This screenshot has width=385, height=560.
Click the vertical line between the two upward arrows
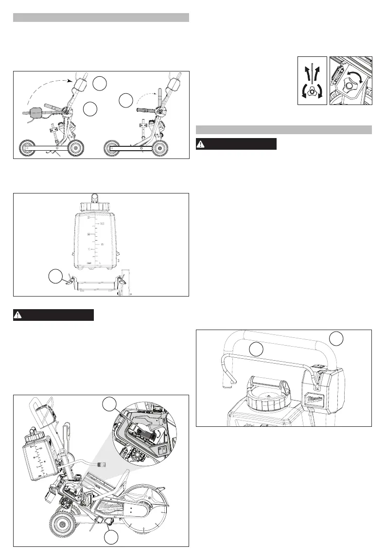tap(311, 73)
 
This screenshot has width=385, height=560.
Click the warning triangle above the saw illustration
tap(18, 315)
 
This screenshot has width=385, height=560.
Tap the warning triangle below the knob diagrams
tap(201, 144)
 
